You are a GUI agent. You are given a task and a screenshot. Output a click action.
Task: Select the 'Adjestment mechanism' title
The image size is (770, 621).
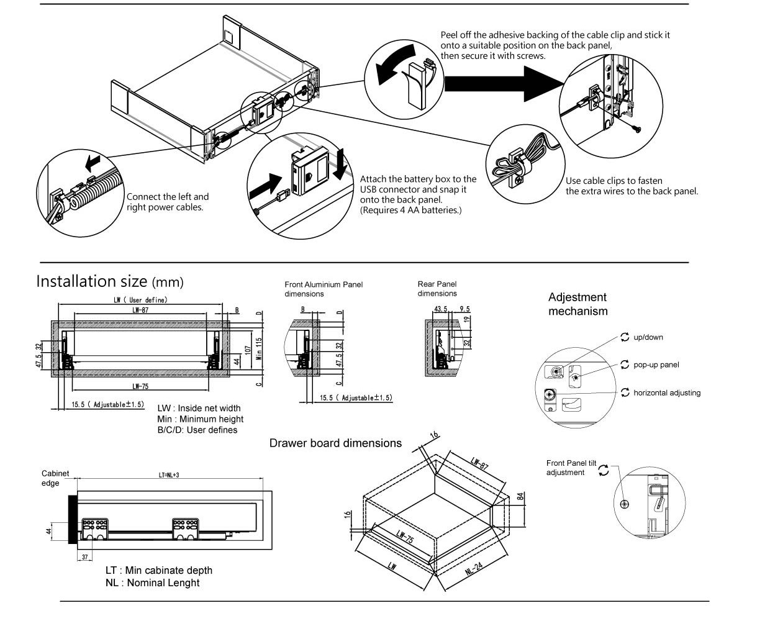click(x=577, y=304)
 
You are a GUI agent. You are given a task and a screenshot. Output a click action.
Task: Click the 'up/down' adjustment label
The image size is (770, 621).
click(x=648, y=337)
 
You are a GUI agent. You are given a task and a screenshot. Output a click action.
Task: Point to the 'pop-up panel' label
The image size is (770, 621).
click(x=656, y=365)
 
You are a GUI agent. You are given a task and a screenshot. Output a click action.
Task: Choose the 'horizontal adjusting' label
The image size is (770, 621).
click(x=666, y=392)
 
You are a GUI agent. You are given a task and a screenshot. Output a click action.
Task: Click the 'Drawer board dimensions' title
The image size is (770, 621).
click(x=335, y=443)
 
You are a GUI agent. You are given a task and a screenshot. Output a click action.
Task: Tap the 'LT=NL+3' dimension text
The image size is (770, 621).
click(x=168, y=475)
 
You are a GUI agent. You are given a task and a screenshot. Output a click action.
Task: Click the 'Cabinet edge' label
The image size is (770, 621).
click(x=55, y=478)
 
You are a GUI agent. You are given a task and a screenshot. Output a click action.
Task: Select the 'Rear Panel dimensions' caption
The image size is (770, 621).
click(x=437, y=289)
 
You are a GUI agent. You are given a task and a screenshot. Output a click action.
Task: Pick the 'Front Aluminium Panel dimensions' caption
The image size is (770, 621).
click(x=324, y=289)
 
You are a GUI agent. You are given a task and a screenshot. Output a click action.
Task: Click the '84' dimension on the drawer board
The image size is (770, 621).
click(x=520, y=497)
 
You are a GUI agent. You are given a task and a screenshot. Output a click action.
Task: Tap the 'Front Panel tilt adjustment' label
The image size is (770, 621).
click(x=571, y=468)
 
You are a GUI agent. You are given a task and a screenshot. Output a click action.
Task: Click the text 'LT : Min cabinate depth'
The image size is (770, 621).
click(x=158, y=570)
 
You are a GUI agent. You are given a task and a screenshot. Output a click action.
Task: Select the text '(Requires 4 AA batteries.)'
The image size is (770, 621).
click(x=410, y=210)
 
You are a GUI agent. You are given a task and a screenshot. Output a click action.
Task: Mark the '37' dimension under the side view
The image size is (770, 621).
click(x=84, y=556)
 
